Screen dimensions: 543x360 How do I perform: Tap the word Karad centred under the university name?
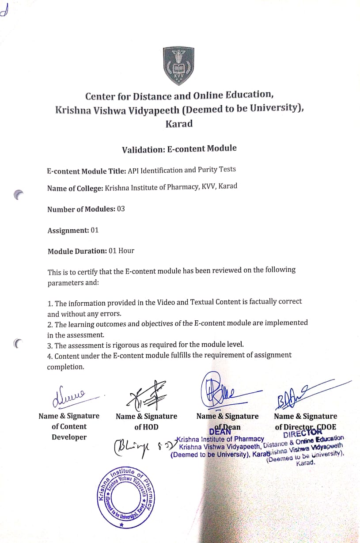pos(179,124)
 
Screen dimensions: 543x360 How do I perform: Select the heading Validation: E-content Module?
pos(179,149)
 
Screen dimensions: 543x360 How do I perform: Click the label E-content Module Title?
pos(87,171)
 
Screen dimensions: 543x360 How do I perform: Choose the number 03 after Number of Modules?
pos(121,209)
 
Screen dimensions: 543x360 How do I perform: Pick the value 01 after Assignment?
pos(95,230)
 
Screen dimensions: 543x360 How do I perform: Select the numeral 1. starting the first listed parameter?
pos(50,304)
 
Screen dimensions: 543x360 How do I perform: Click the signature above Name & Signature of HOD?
pos(146,395)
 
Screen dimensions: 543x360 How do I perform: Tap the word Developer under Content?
pos(69,437)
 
